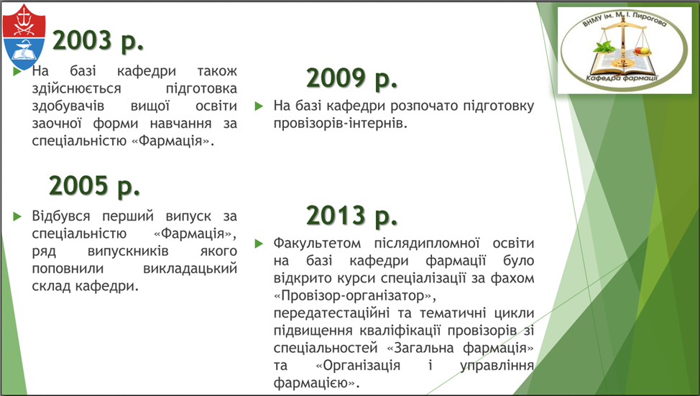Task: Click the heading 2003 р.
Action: click(x=98, y=41)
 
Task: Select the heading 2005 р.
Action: click(x=95, y=185)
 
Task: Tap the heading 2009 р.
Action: click(x=351, y=78)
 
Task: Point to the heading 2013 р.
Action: click(x=351, y=216)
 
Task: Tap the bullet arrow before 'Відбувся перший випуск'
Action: click(x=17, y=216)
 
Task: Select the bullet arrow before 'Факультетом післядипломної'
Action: click(x=259, y=244)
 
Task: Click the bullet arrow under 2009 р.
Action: click(x=259, y=106)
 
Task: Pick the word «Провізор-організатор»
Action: click(x=355, y=295)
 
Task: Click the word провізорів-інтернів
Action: click(x=340, y=123)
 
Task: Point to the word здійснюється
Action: click(x=76, y=88)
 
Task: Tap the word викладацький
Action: click(x=190, y=269)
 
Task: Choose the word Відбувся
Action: click(x=60, y=216)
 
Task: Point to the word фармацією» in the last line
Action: click(x=316, y=383)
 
